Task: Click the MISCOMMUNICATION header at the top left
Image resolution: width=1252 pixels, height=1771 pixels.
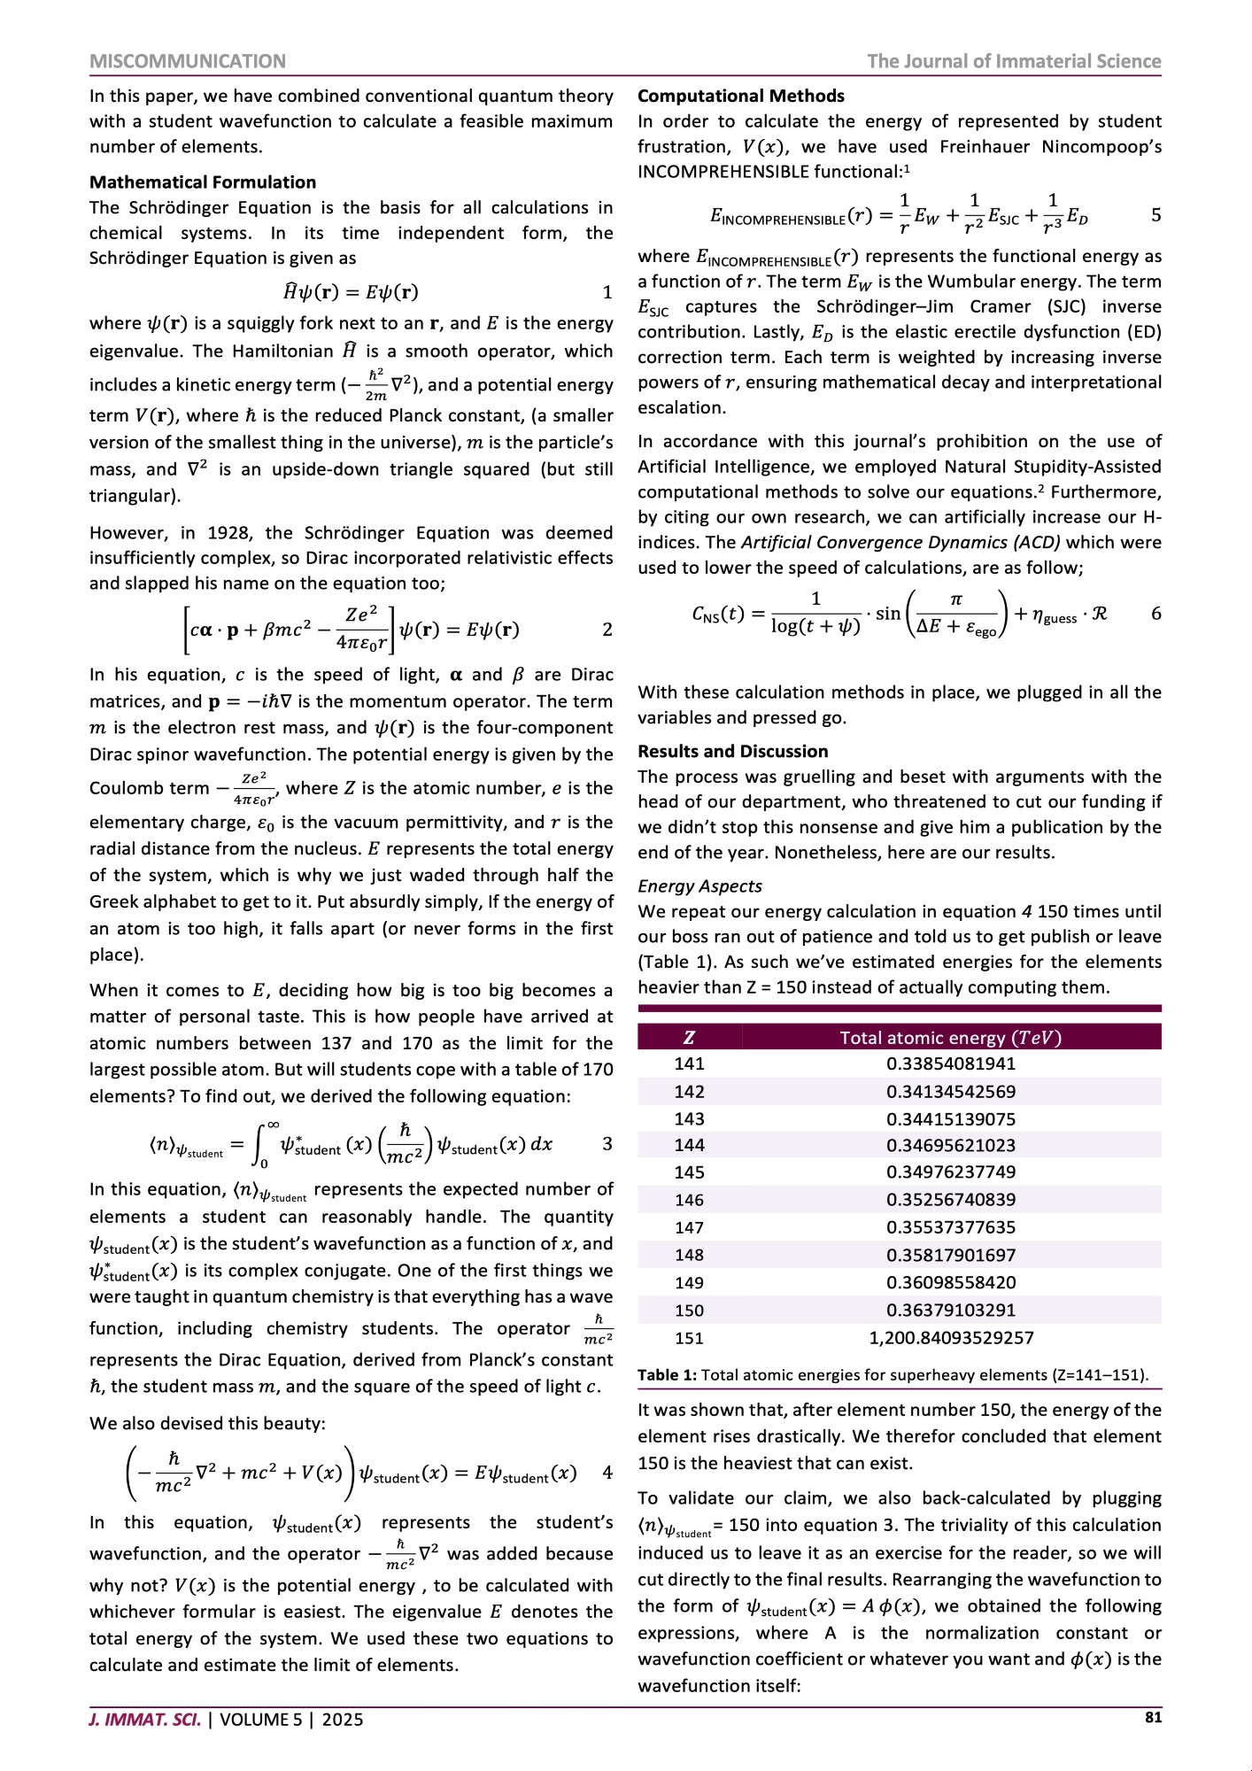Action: tap(188, 61)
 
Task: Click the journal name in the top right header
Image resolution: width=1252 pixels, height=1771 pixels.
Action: tap(1013, 61)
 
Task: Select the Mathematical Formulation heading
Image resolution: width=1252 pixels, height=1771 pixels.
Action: tap(203, 182)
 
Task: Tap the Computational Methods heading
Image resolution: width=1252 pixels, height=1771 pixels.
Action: tap(740, 96)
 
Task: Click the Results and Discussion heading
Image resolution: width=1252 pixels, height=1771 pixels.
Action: tap(732, 751)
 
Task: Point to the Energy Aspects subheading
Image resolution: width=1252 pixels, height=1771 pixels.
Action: tap(699, 885)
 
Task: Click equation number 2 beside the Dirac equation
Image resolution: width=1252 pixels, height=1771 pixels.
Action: tap(607, 630)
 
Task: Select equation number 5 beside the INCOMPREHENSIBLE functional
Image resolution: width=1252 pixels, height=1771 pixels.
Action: tap(1155, 215)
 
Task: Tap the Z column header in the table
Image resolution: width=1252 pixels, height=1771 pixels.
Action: tap(689, 1038)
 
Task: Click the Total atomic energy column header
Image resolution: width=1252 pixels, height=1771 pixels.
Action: tap(950, 1038)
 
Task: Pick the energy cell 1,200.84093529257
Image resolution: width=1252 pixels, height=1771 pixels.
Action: tap(951, 1338)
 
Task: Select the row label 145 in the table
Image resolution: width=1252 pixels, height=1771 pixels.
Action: tap(689, 1172)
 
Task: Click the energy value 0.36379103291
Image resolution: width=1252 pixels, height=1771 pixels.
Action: tap(951, 1311)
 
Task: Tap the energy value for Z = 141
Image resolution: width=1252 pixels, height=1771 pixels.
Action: tap(951, 1063)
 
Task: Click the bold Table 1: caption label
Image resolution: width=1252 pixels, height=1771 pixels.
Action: tap(667, 1375)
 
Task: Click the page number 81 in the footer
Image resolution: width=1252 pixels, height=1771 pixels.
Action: tap(1153, 1717)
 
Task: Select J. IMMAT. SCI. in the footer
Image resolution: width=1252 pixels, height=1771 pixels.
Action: tap(144, 1720)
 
